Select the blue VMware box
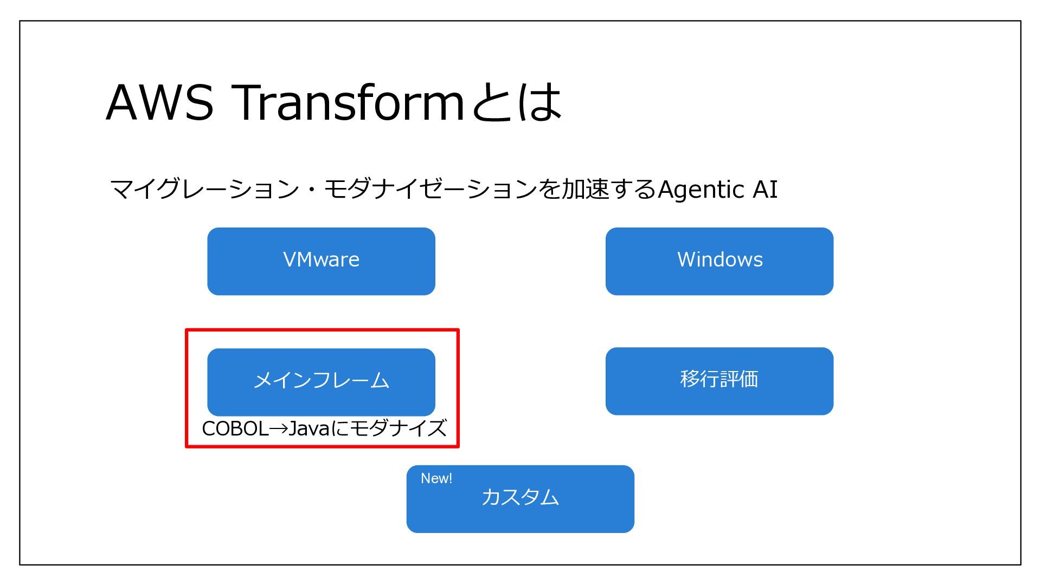point(321,261)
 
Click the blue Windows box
point(719,261)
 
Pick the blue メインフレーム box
point(321,382)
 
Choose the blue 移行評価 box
point(719,381)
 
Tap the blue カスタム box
point(520,499)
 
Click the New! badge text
point(436,478)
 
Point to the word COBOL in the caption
point(235,428)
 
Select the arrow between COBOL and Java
point(278,428)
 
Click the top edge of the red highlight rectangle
point(322,330)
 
